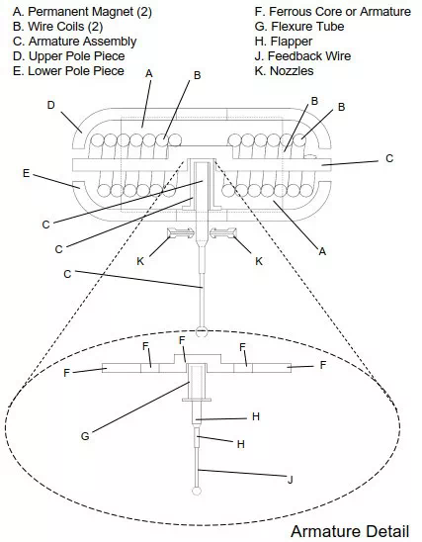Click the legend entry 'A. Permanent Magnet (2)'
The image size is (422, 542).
point(82,12)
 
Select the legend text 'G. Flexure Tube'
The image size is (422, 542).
point(299,27)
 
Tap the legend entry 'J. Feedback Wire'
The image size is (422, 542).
point(302,56)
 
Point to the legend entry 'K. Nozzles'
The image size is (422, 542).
point(284,71)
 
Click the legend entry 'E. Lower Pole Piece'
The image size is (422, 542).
point(68,71)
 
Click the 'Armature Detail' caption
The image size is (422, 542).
point(350,531)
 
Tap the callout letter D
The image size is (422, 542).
point(51,105)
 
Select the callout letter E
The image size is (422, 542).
point(27,173)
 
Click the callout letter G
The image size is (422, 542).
point(85,436)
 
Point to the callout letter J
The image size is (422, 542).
point(291,480)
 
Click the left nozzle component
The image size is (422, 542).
point(181,233)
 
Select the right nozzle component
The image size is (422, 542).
point(223,233)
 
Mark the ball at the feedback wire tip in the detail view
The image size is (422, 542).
point(197,491)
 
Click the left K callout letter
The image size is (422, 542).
point(140,261)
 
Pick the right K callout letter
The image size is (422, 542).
point(259,261)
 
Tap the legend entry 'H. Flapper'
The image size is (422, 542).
point(284,42)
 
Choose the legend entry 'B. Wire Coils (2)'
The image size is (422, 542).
point(57,27)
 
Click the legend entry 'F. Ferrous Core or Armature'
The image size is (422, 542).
point(333,12)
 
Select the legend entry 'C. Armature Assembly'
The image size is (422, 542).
point(74,42)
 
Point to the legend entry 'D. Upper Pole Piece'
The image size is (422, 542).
point(69,56)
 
